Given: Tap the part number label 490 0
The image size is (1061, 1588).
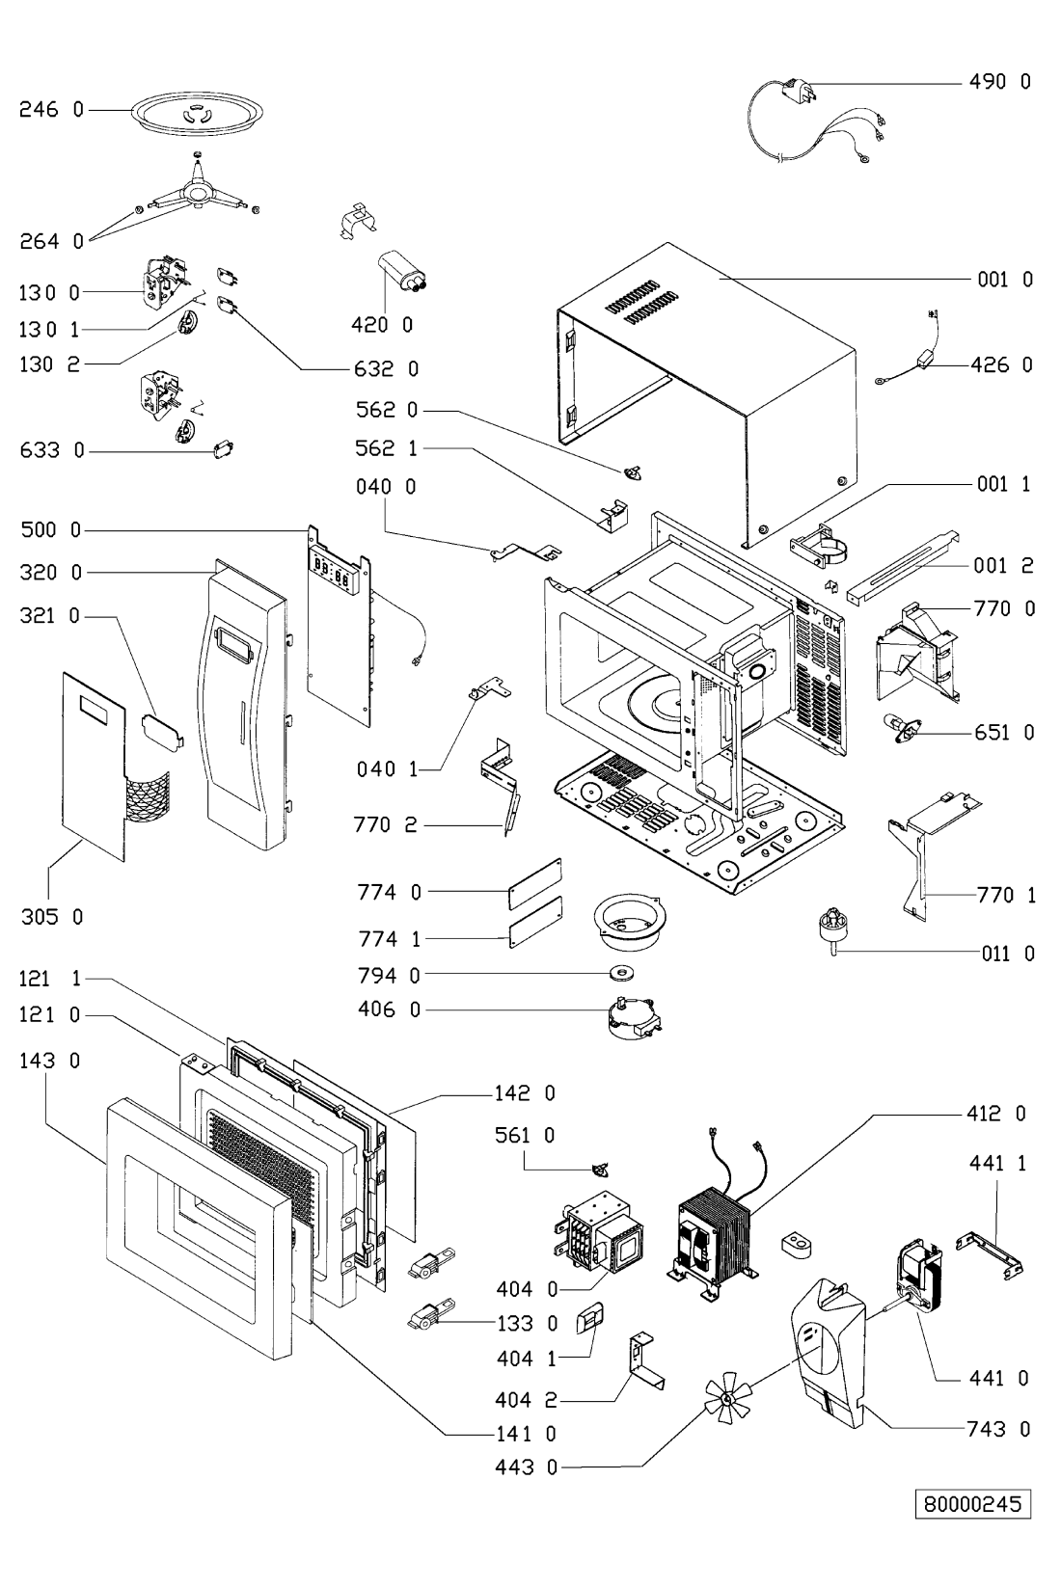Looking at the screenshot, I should (999, 82).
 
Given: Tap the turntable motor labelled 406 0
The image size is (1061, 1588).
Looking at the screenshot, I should (631, 1016).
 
